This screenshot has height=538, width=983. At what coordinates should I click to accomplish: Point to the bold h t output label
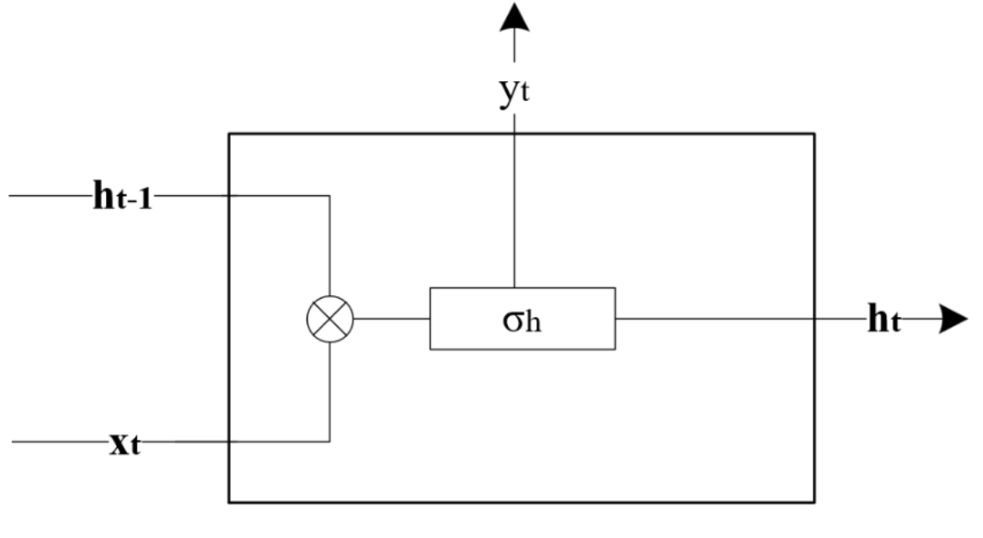point(884,320)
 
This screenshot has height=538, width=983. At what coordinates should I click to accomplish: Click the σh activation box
point(523,319)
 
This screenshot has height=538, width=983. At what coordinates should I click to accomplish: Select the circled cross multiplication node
point(330,319)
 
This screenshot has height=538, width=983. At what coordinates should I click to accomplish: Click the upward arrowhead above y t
point(515,19)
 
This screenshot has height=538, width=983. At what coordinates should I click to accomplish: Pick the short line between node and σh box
point(391,319)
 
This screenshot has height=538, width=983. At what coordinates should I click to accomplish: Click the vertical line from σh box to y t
point(515,207)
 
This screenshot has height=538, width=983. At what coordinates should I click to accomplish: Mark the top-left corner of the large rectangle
point(229,134)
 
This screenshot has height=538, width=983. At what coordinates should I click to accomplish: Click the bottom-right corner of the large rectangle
point(814,502)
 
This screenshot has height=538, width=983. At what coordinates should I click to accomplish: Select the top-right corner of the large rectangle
point(814,134)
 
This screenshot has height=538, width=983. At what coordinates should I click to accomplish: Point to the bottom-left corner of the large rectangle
point(229,502)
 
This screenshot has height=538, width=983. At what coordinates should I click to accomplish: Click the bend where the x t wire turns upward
point(330,443)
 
